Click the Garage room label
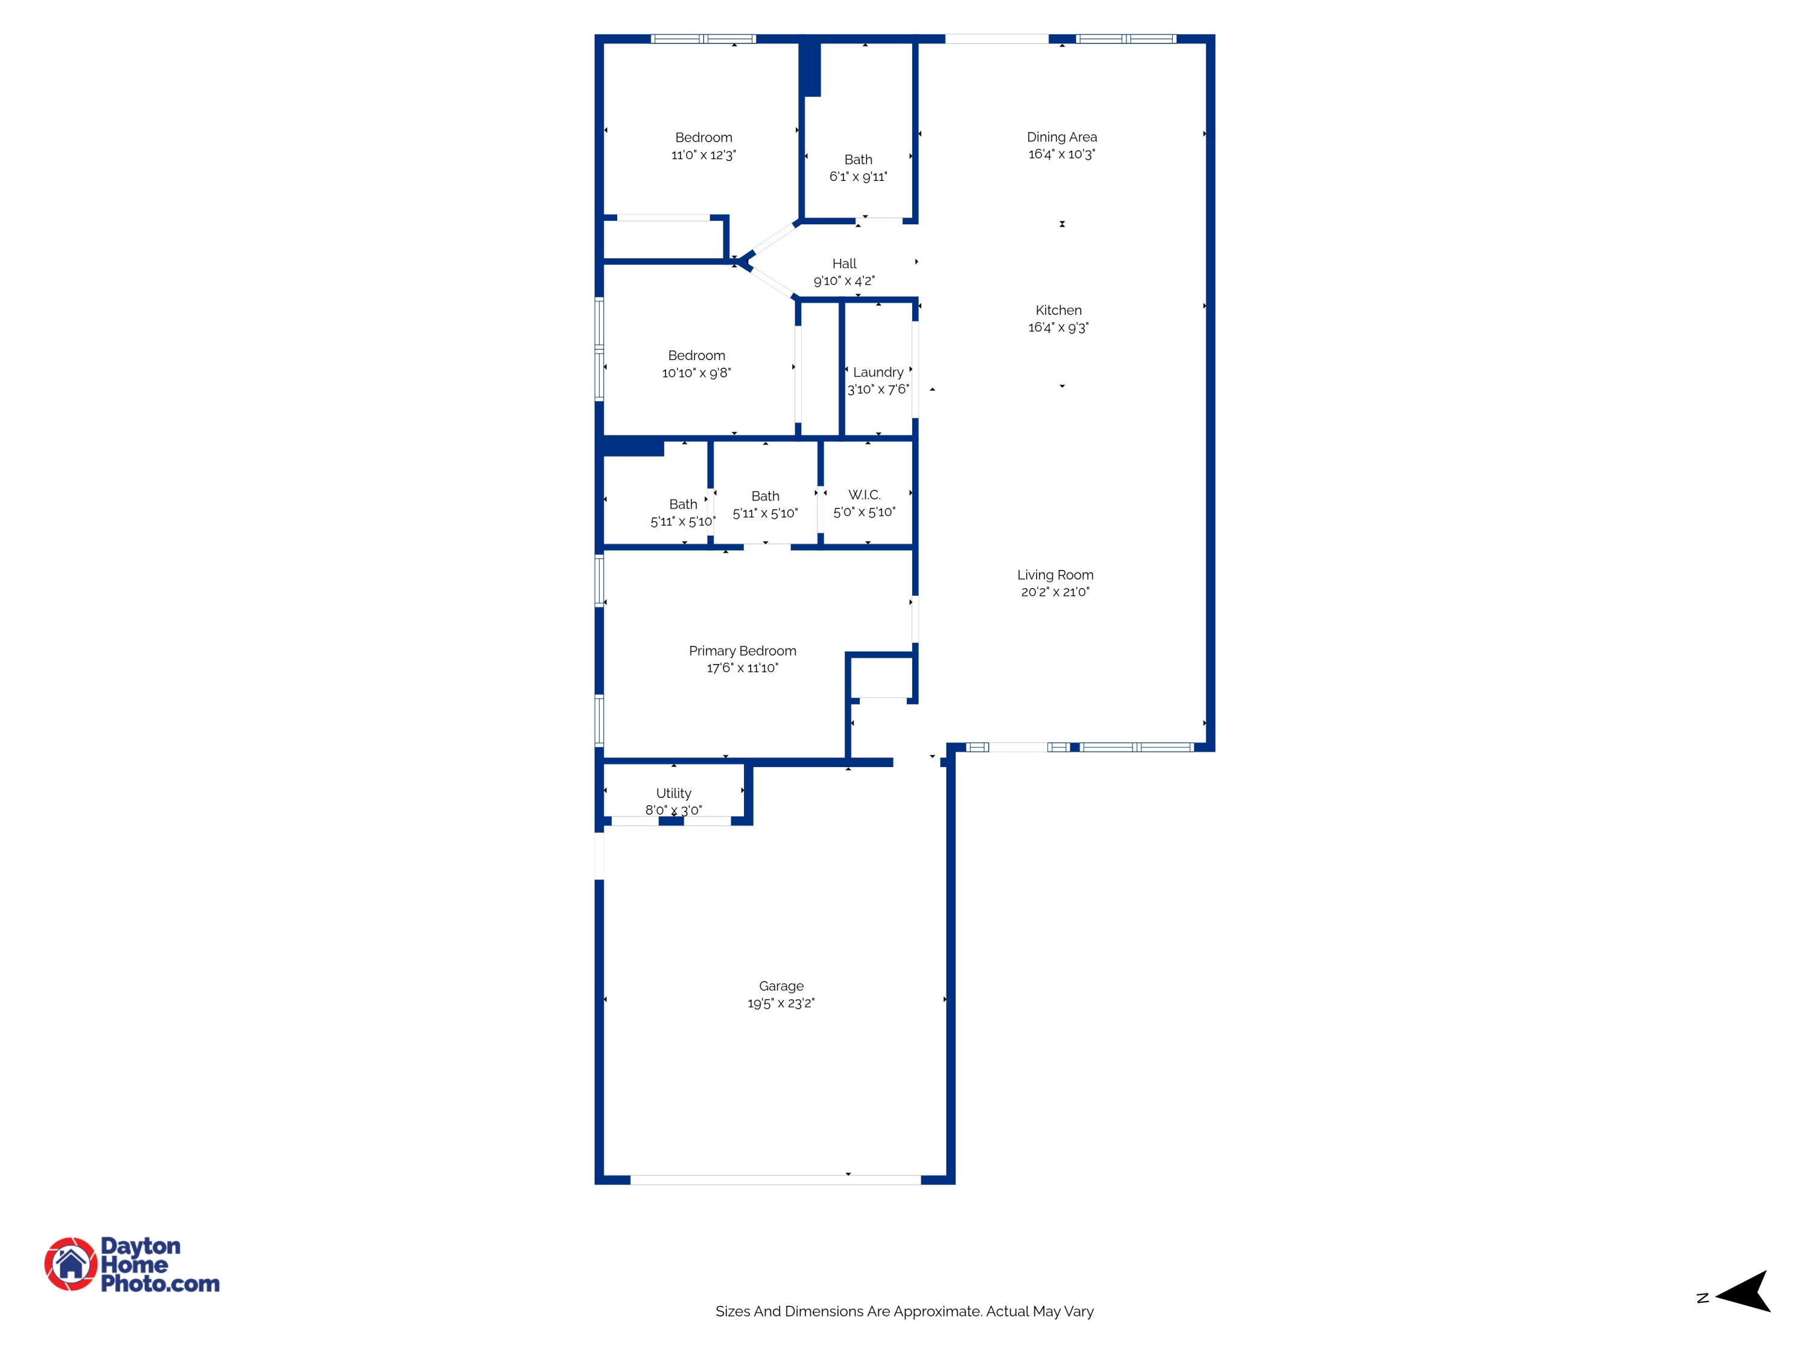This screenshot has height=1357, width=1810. tap(781, 985)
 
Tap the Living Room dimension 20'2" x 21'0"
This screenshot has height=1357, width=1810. tap(1055, 592)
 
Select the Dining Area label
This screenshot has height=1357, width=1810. tap(1061, 136)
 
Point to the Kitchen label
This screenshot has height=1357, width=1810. tap(1058, 310)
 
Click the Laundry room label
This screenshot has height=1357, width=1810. tap(878, 372)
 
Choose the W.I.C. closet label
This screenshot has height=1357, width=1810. tap(864, 495)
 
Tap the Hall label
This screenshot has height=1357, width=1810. tap(843, 264)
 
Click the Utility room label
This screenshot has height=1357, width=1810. tap(673, 792)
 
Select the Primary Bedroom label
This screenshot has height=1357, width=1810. tap(742, 650)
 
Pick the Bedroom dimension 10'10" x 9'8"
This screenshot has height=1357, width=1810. tap(696, 373)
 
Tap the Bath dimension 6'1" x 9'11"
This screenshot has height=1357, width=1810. tap(857, 177)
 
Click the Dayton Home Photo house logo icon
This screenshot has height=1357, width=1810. tap(71, 1264)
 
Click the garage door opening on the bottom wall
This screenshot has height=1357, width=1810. tap(775, 1180)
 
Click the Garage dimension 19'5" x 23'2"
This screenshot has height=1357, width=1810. tap(781, 1004)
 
